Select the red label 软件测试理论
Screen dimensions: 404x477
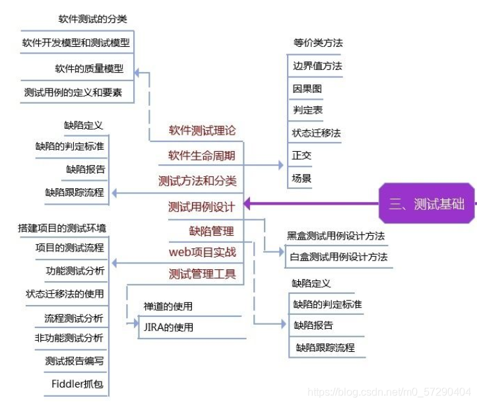[202, 131]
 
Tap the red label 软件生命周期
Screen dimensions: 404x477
[201, 156]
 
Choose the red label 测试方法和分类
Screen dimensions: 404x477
[197, 180]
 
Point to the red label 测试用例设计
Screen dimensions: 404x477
[201, 207]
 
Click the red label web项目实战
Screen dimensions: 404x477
[203, 252]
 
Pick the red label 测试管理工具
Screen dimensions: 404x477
[202, 274]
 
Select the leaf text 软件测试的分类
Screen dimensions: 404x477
[92, 19]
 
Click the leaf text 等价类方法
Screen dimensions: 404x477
[318, 43]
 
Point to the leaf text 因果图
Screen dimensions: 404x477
[307, 88]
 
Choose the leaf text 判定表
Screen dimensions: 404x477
[307, 110]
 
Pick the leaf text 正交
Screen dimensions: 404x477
[302, 155]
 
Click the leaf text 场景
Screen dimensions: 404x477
[302, 178]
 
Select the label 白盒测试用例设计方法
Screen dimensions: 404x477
[338, 257]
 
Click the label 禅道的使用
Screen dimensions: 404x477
[168, 306]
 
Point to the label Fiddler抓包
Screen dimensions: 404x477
[77, 383]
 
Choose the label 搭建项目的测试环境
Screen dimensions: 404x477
[62, 228]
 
